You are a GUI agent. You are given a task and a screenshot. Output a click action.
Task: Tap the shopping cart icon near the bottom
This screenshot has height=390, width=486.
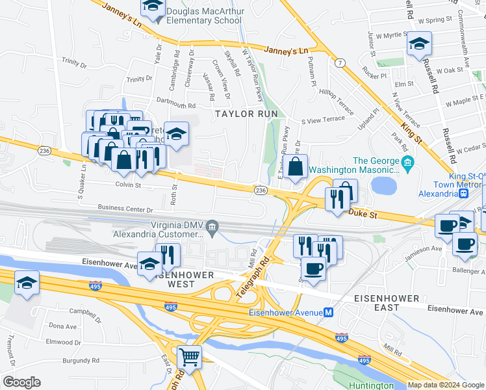pos(189,357)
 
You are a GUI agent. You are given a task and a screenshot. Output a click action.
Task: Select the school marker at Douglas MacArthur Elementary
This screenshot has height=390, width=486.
pos(151,6)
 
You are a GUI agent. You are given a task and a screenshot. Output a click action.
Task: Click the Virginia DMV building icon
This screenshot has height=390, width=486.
pos(212,226)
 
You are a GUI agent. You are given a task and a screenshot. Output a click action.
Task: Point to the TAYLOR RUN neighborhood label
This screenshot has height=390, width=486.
pos(247,114)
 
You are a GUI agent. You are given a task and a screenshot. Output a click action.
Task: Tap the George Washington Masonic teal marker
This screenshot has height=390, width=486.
pos(407,161)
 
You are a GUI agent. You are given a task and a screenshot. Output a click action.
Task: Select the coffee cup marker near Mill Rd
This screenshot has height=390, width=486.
pos(313,268)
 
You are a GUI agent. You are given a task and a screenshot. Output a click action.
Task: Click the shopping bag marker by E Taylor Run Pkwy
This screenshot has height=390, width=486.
pos(295,166)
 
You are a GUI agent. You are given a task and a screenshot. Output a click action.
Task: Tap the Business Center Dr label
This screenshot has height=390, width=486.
pos(125,209)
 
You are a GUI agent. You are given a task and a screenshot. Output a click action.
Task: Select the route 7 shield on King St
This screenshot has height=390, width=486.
pos(340,62)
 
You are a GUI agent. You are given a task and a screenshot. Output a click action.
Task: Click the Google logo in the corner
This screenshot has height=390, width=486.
pos(21,382)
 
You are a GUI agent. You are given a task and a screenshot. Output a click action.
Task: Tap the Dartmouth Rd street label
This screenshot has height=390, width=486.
pos(176,104)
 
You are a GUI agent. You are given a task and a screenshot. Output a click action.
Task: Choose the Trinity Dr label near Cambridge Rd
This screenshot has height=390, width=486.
pos(140,79)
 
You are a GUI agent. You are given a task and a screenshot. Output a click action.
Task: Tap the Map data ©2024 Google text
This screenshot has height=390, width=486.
pos(445,385)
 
